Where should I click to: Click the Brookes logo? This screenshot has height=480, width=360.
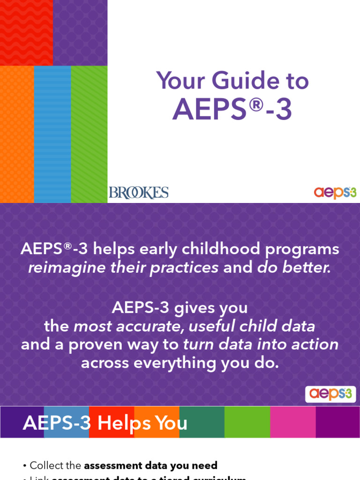pyautogui.click(x=138, y=192)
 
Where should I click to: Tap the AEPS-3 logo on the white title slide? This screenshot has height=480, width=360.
pyautogui.click(x=335, y=192)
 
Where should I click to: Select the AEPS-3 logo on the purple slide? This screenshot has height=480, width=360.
pyautogui.click(x=330, y=394)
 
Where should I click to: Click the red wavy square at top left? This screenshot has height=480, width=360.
pyautogui.click(x=26, y=32)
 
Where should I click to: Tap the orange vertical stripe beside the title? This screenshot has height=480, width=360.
pyautogui.click(x=17, y=134)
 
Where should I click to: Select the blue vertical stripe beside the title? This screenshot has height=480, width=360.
pyautogui.click(x=52, y=134)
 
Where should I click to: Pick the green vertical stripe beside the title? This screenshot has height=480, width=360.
pyautogui.click(x=89, y=134)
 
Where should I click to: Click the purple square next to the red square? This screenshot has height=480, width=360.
pyautogui.click(x=80, y=32)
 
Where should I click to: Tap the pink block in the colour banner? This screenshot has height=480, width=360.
pyautogui.click(x=292, y=422)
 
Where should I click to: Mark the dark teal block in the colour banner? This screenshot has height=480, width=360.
pyautogui.click(x=202, y=422)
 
